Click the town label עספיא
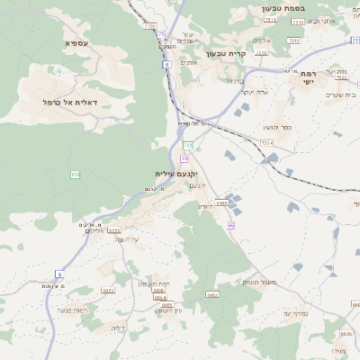point(76,43)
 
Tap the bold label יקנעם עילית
point(175,173)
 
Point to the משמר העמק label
point(252,283)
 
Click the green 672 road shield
point(76,175)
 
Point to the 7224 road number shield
point(266,142)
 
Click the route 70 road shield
point(184,157)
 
